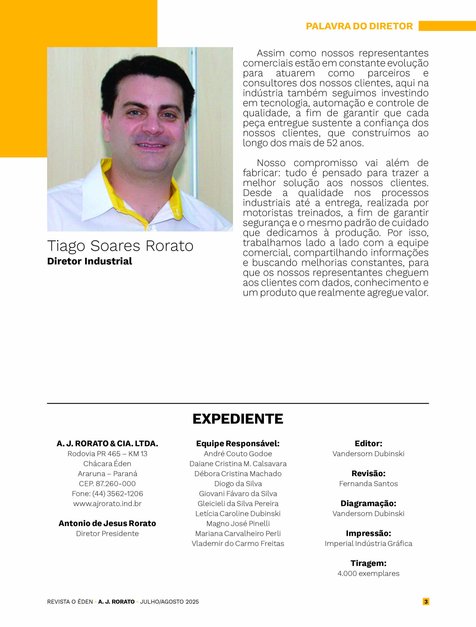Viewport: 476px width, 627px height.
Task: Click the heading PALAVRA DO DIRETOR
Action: coord(359,26)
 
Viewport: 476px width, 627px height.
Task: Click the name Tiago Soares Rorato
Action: coord(120,245)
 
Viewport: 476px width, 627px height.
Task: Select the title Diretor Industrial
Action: coord(90,261)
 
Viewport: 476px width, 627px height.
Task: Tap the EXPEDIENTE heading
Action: coord(238,419)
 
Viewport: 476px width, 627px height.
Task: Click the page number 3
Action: coord(426,602)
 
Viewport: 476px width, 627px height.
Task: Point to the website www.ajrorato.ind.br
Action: coord(107,503)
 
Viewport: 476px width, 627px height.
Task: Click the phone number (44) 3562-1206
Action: coord(118,494)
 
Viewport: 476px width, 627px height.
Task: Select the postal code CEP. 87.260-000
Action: coord(107,483)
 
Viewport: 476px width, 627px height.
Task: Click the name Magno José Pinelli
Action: coord(238,524)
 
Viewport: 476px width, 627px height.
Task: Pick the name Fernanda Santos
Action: coord(368,483)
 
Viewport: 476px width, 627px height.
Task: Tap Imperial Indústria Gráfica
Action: coord(368,543)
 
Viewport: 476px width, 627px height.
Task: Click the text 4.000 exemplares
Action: coord(368,573)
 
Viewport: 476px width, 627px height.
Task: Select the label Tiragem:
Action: coord(368,563)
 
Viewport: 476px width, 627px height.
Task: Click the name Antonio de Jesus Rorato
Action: coord(107,523)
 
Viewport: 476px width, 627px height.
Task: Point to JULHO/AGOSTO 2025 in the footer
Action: coord(169,602)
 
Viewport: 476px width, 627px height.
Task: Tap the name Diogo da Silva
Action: coord(238,483)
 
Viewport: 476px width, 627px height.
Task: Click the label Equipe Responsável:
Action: coord(238,444)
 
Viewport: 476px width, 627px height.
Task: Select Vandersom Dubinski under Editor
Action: coord(368,454)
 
